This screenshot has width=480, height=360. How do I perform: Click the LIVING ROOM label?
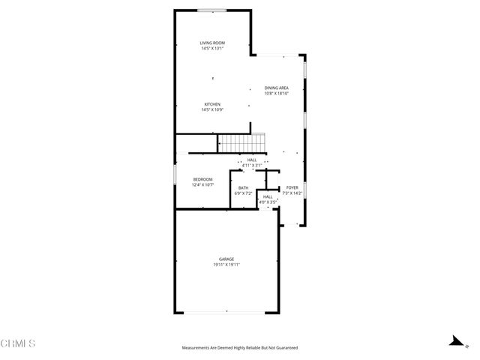[212, 43]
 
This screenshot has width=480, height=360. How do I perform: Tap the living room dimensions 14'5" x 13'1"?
[212, 49]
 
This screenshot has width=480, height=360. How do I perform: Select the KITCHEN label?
[212, 104]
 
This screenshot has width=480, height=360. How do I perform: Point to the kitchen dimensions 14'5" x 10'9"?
[212, 109]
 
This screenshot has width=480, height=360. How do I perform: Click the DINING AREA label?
[276, 88]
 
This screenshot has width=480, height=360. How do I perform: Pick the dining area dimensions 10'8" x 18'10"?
[276, 93]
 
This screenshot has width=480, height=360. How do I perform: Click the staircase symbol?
[242, 141]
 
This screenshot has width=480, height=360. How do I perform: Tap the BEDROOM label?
[203, 179]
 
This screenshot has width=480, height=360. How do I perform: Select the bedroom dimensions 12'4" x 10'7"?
[203, 184]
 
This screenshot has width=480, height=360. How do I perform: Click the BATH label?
[244, 188]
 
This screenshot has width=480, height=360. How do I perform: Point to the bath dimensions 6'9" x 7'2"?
[244, 193]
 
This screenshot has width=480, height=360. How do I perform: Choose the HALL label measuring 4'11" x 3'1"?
[251, 160]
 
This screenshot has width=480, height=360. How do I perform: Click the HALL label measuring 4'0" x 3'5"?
[268, 196]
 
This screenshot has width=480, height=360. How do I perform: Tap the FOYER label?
[292, 187]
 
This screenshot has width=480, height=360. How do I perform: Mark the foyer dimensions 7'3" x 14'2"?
[292, 193]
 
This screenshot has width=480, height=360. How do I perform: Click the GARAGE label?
[226, 259]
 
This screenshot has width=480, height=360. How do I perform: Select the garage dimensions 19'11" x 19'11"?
[226, 264]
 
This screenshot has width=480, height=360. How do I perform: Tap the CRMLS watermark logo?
[19, 343]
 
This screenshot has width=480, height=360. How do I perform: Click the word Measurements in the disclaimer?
[197, 348]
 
